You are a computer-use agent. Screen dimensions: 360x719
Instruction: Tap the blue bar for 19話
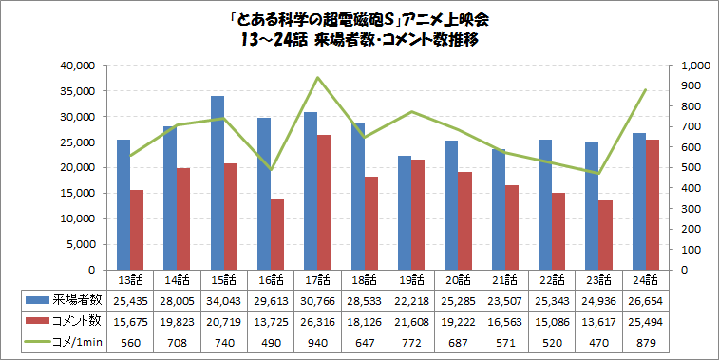coord(404,213)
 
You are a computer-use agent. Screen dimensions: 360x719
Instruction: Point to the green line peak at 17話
coord(317,78)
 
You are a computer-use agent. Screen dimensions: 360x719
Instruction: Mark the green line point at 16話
coord(271,170)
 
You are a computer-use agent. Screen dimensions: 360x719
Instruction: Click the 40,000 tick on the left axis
coord(77,66)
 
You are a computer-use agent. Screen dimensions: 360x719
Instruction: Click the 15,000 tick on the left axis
coord(77,193)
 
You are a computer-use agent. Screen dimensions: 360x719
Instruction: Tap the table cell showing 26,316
coord(317,321)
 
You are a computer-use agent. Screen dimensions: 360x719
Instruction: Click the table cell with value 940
coord(317,341)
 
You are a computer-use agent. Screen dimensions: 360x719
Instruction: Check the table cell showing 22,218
coord(410,300)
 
